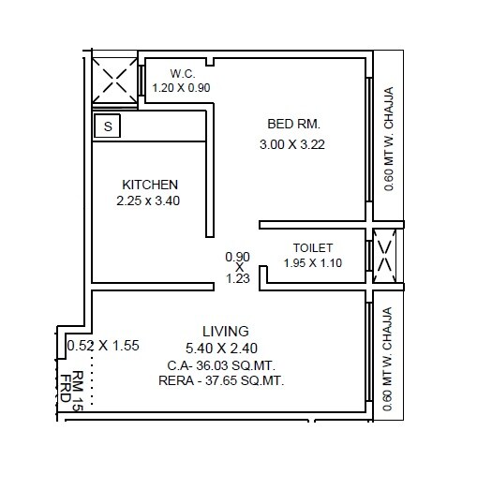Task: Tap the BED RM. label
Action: tap(294, 124)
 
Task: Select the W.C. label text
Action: tap(182, 73)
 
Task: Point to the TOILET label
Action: tap(313, 248)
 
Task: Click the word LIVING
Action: tap(226, 331)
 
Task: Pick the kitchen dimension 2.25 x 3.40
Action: tap(148, 200)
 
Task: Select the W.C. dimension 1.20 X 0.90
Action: tap(182, 87)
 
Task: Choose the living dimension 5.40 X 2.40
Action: tap(222, 348)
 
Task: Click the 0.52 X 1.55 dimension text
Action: tap(103, 345)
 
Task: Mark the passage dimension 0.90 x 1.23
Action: tap(238, 267)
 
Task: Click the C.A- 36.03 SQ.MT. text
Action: tap(222, 364)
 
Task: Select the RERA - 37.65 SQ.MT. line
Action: tap(222, 380)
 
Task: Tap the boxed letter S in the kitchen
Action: tap(108, 125)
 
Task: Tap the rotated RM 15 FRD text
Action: tap(72, 390)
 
